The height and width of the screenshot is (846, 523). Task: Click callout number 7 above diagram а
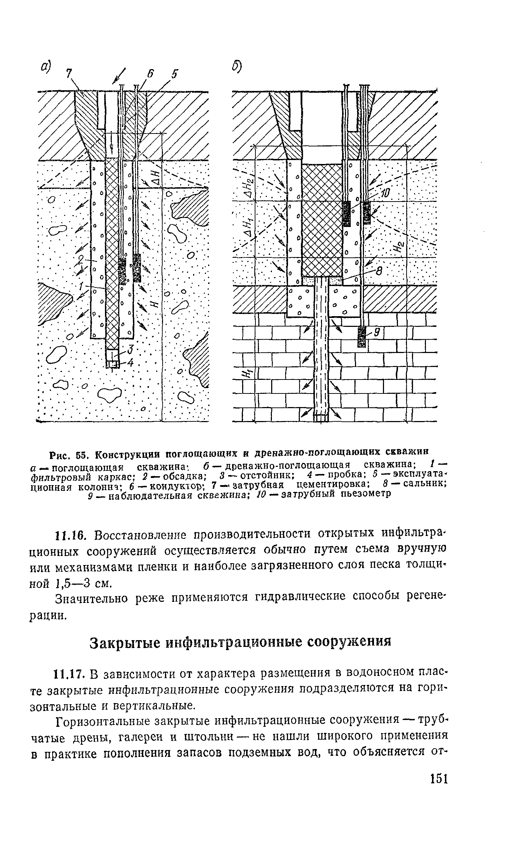click(x=68, y=74)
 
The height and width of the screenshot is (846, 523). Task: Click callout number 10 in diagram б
click(x=385, y=194)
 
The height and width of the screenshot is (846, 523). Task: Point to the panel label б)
click(x=237, y=66)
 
